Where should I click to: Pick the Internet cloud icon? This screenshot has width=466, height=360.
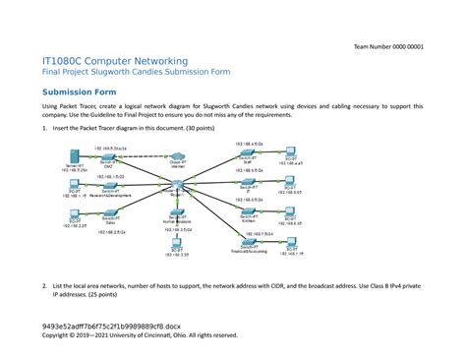[178, 156]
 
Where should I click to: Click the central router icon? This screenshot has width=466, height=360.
[178, 188]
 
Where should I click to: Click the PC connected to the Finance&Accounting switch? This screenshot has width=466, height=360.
[291, 244]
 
